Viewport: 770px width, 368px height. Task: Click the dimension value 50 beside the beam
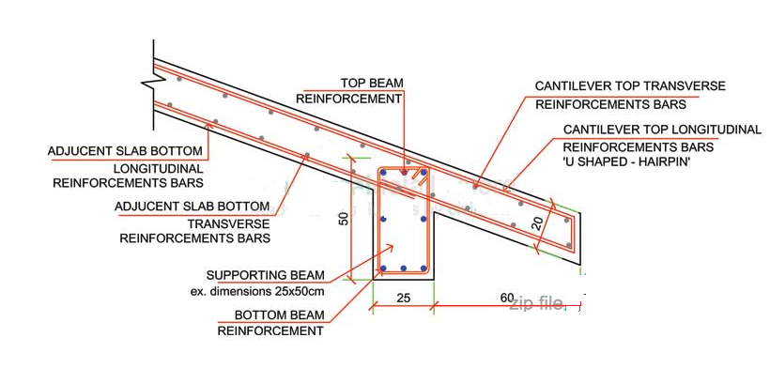point(345,218)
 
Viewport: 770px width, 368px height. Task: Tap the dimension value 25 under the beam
point(403,297)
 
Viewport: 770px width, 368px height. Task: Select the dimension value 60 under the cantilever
point(507,297)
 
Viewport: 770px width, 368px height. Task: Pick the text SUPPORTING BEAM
point(266,275)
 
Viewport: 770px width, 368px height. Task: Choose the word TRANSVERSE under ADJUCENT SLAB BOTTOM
point(228,222)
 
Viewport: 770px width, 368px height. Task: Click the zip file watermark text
point(536,303)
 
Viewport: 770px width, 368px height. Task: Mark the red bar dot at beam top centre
point(404,173)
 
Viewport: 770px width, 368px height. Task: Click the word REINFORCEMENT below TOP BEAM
point(349,98)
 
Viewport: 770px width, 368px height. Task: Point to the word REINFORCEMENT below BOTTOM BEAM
point(270,330)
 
